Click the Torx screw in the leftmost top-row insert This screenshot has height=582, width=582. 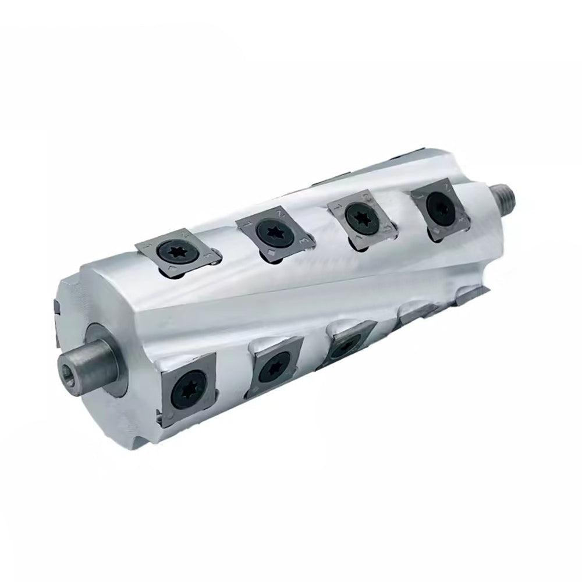pyautogui.click(x=175, y=252)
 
